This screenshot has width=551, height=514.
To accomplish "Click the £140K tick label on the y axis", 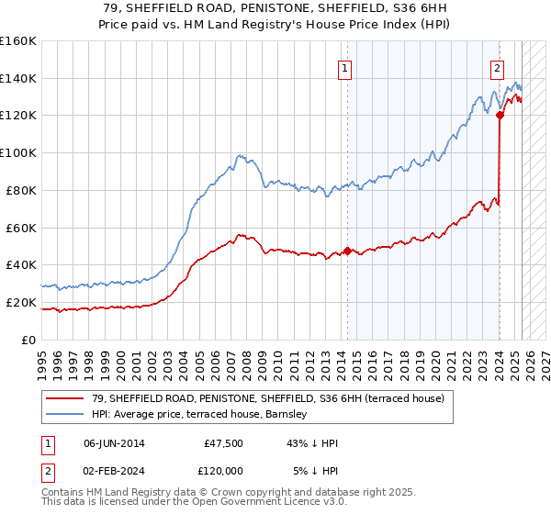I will (x=18, y=78).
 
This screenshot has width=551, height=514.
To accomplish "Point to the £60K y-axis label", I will (x=21, y=228).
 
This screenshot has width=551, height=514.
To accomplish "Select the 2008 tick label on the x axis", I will (x=244, y=358).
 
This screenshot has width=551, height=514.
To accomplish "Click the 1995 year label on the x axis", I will (x=42, y=358).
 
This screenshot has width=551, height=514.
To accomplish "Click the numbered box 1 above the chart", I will (x=343, y=67).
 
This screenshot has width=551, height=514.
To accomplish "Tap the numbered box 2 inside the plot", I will (x=497, y=67).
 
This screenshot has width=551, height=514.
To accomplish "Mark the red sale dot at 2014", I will (x=347, y=251).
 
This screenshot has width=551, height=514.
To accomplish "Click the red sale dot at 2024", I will (x=500, y=115).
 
